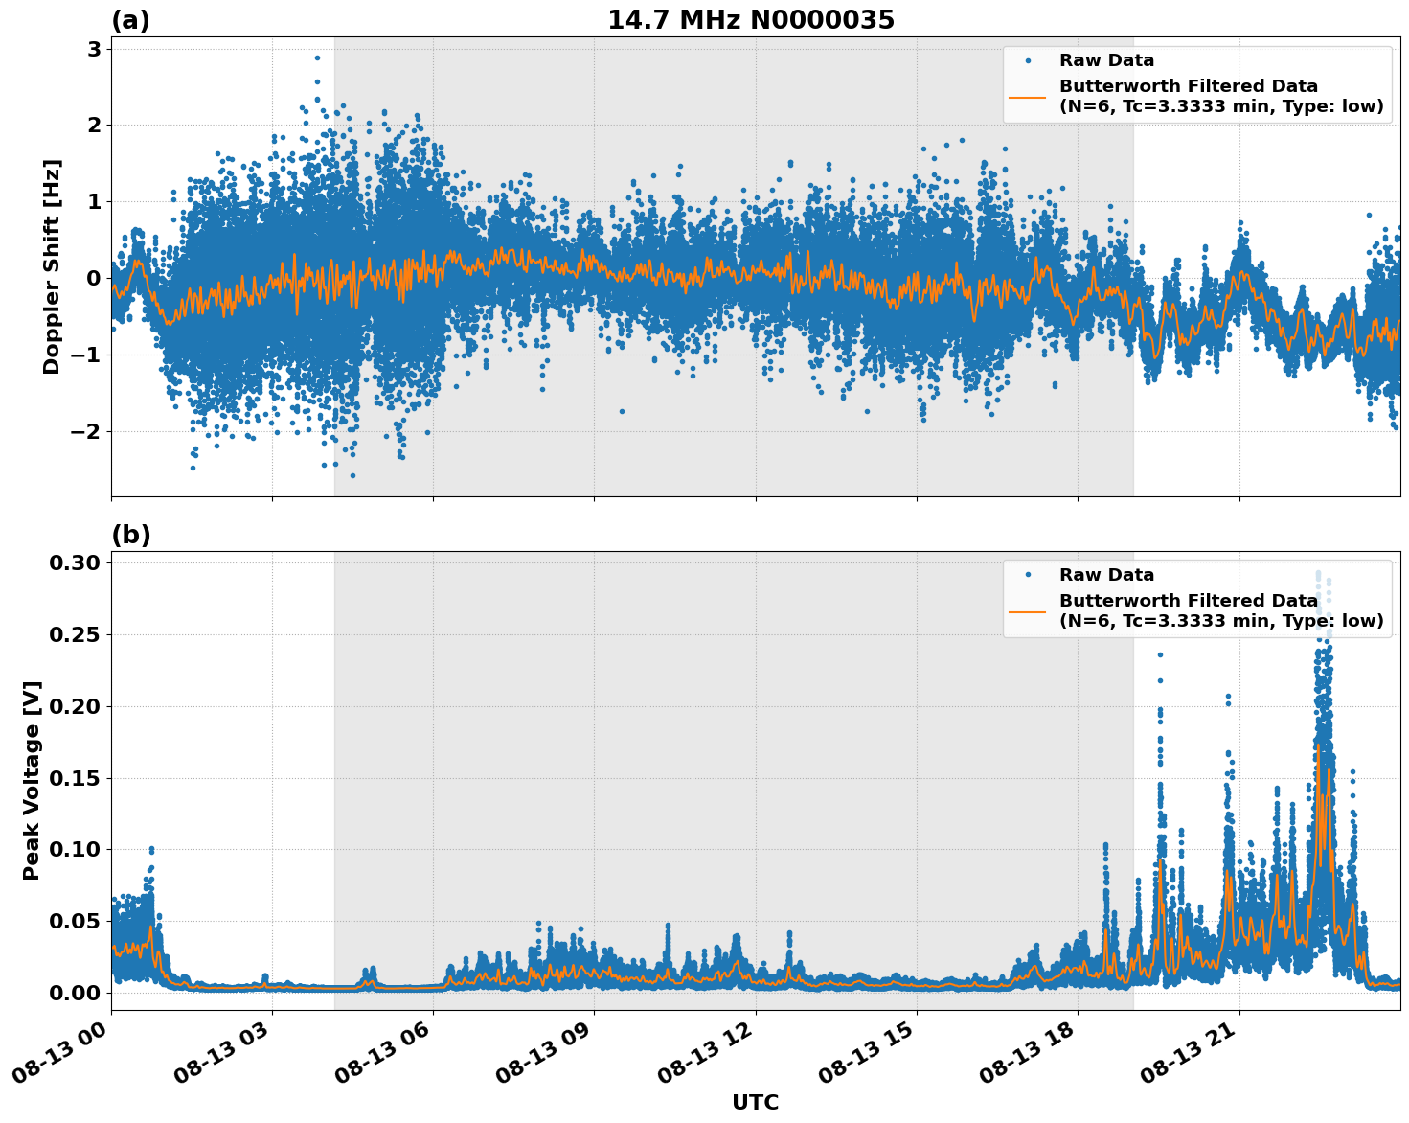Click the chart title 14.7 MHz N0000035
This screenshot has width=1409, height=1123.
[751, 20]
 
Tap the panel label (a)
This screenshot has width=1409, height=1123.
[130, 20]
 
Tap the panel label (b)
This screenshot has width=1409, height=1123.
[130, 535]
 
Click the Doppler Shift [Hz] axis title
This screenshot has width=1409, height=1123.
[52, 266]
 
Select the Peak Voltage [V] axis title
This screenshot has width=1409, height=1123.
[32, 801]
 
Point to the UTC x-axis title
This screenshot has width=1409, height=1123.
[755, 1102]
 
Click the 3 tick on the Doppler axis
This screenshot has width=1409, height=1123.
[94, 49]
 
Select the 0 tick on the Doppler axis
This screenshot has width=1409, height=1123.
[94, 278]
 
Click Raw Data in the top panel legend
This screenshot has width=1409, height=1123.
[1106, 60]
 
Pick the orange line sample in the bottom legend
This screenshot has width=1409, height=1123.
[1027, 610]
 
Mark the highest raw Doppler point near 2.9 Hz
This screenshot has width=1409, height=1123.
[317, 57]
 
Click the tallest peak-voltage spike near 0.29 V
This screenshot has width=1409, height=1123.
[1318, 575]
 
